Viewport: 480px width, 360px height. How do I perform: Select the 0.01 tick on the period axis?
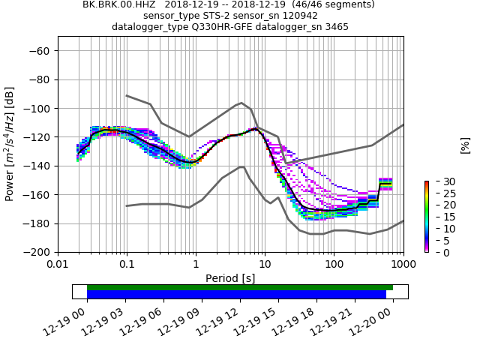(58, 264)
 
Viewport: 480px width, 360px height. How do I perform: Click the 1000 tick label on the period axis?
(403, 264)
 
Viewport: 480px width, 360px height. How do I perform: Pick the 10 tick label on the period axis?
(265, 264)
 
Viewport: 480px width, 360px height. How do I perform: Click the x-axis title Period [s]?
(230, 278)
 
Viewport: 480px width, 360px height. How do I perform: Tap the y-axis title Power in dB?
(10, 144)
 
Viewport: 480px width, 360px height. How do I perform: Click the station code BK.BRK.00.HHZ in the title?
(118, 4)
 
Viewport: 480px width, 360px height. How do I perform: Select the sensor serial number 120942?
(298, 16)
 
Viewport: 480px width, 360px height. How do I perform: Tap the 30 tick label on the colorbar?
(440, 181)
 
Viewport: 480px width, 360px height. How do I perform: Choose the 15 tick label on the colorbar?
(440, 217)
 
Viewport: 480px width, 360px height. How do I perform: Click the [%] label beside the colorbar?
(465, 145)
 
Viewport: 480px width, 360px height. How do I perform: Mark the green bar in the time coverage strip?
(240, 287)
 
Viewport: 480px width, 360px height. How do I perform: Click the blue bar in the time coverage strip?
(236, 295)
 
